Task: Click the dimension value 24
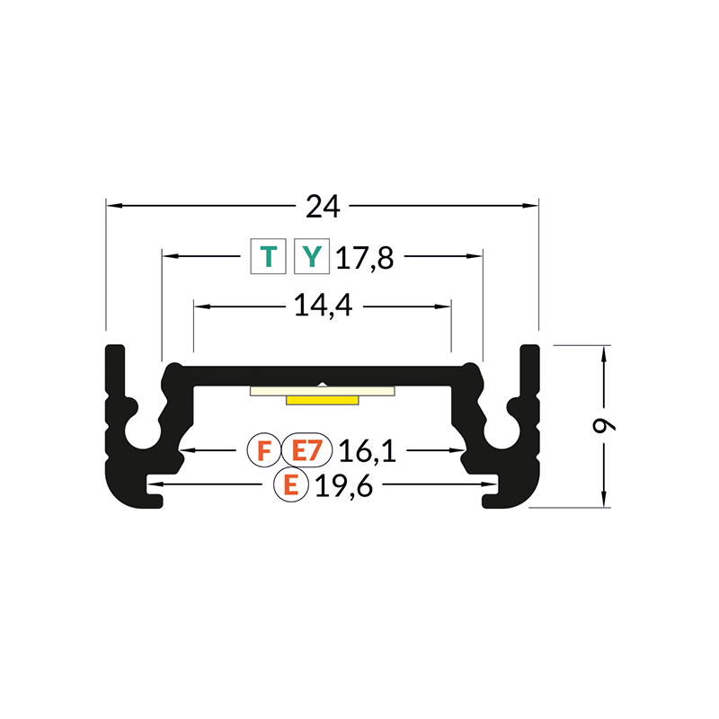coord(323,207)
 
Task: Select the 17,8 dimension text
coord(365,259)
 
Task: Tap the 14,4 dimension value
coord(323,306)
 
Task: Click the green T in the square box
coord(268,257)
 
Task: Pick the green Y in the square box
coord(311,257)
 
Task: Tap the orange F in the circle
coord(263,448)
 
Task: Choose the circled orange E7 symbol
coord(307,448)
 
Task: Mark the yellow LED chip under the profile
coord(322,400)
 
